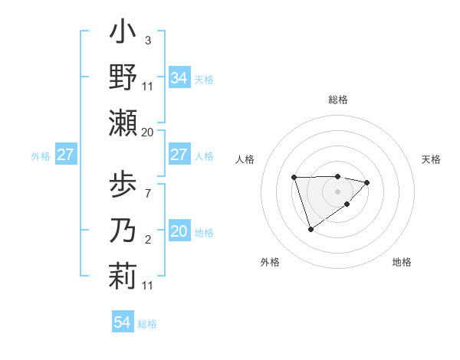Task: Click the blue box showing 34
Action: click(x=179, y=77)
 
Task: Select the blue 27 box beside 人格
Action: click(x=179, y=155)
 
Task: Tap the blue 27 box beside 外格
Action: click(x=65, y=155)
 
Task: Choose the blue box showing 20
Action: click(x=179, y=231)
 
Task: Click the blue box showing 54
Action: click(x=122, y=322)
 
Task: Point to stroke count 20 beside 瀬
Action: click(x=148, y=133)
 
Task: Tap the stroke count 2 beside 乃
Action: click(x=148, y=240)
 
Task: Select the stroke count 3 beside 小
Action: click(x=148, y=40)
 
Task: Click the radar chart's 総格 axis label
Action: click(x=337, y=100)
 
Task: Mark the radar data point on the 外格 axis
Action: click(x=310, y=229)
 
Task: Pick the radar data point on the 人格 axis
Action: click(x=294, y=178)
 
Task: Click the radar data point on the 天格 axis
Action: click(x=368, y=182)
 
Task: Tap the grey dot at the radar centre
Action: click(x=337, y=191)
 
